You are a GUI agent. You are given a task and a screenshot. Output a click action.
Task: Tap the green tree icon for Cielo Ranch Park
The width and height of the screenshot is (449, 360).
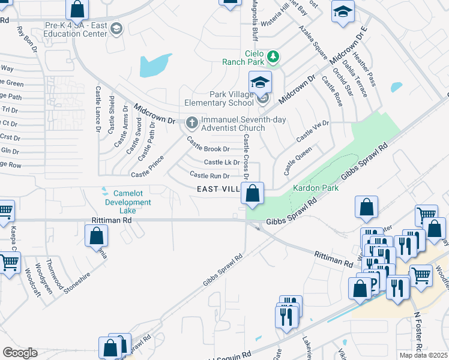(x=274, y=56)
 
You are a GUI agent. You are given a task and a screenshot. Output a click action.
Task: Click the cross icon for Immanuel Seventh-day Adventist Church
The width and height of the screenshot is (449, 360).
(x=192, y=123)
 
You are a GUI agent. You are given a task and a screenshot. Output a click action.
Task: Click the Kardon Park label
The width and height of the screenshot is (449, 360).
(x=315, y=188)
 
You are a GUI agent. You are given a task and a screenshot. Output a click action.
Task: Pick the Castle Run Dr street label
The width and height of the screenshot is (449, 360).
(x=209, y=175)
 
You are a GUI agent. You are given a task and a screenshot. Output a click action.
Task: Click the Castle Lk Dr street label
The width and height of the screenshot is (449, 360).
(x=221, y=162)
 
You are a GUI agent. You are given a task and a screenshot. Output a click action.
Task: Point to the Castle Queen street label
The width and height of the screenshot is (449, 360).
(x=298, y=160)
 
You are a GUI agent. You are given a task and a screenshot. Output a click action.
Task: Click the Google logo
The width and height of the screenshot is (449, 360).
(x=20, y=353)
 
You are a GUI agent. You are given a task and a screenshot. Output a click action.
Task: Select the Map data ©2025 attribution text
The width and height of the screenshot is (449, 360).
(x=424, y=355)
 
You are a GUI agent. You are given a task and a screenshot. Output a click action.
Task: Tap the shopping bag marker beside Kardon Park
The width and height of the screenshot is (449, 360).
(x=253, y=194)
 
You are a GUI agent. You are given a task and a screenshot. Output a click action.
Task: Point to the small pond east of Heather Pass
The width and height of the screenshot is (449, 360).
(x=396, y=87)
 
